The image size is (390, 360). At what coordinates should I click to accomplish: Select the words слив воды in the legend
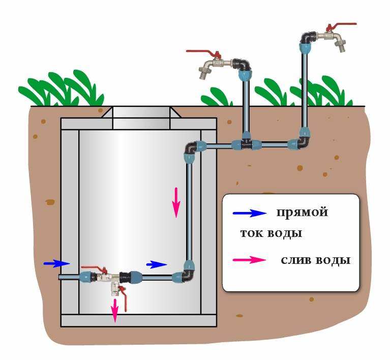pyautogui.click(x=315, y=260)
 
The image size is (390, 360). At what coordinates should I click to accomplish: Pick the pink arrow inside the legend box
pyautogui.click(x=249, y=260)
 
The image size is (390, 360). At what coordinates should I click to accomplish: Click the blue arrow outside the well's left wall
pyautogui.click(x=56, y=263)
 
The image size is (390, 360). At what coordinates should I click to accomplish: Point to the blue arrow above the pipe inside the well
pyautogui.click(x=157, y=264)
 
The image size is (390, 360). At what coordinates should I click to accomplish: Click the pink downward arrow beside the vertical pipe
pyautogui.click(x=176, y=202)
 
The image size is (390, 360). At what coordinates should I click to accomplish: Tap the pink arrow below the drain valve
pyautogui.click(x=115, y=310)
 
